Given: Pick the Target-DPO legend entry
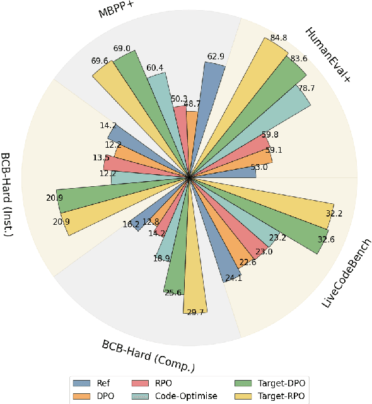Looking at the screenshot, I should [x=272, y=383].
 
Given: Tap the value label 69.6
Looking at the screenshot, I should [x=99, y=60].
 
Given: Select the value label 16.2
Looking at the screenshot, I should [x=131, y=223].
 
